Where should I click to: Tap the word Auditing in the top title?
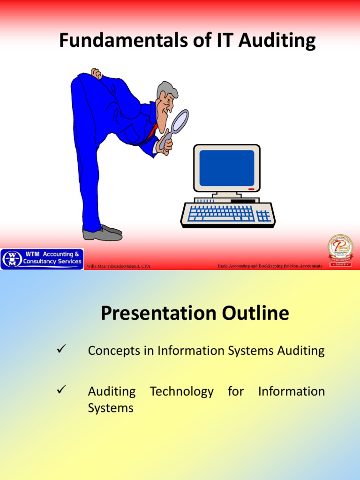click(277, 41)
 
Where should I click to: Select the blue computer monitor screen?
click(226, 168)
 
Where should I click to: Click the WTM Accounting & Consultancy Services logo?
click(42, 258)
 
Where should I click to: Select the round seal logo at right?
click(340, 250)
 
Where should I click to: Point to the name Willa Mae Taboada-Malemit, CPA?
click(118, 266)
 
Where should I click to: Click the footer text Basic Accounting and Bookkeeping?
click(270, 266)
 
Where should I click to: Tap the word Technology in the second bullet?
click(182, 391)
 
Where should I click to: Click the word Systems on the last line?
click(111, 408)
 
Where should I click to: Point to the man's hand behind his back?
click(97, 74)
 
